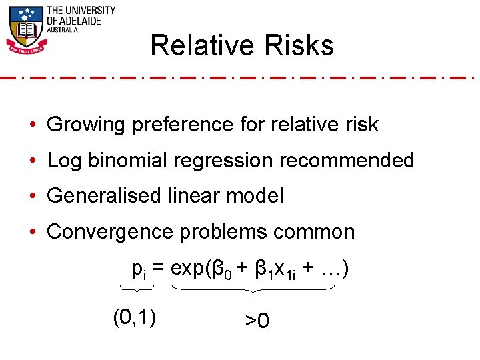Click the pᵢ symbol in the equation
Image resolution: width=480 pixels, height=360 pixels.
point(139,270)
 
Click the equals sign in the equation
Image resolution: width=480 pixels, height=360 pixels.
point(159,269)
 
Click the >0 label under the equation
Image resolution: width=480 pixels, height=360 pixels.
point(257,321)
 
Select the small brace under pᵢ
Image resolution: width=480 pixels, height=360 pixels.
point(137,289)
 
